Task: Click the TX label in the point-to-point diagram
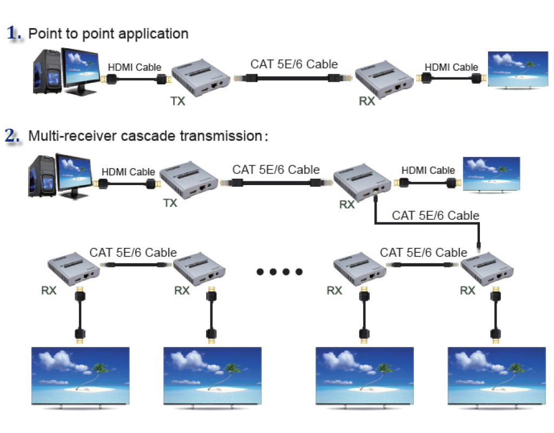178,101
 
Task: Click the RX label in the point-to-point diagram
367,101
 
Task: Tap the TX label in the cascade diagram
170,203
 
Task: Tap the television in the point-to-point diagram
518,70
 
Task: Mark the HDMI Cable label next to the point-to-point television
451,67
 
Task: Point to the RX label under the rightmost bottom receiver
467,291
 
